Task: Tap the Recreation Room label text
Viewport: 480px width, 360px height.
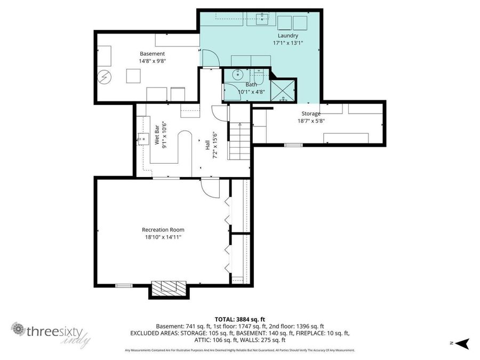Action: (x=163, y=230)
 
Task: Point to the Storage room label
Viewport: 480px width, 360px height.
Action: (x=311, y=114)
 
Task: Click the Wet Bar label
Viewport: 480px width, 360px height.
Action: (x=157, y=135)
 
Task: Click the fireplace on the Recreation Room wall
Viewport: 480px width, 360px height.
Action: (x=169, y=288)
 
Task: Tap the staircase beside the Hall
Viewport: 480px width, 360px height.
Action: (x=239, y=141)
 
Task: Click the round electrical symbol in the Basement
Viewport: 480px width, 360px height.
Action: (x=104, y=77)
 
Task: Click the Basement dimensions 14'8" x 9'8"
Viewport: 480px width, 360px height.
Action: (x=153, y=61)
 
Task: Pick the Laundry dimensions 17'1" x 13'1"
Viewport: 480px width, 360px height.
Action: (x=287, y=43)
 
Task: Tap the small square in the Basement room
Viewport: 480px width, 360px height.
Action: (x=133, y=76)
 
